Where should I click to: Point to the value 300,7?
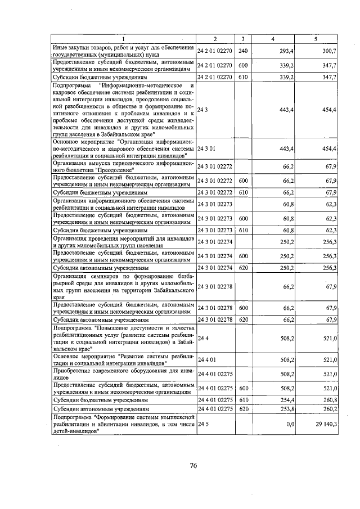[327, 51]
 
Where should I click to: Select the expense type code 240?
[242, 51]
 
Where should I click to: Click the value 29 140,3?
[323, 424]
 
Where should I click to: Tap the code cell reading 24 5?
[204, 424]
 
